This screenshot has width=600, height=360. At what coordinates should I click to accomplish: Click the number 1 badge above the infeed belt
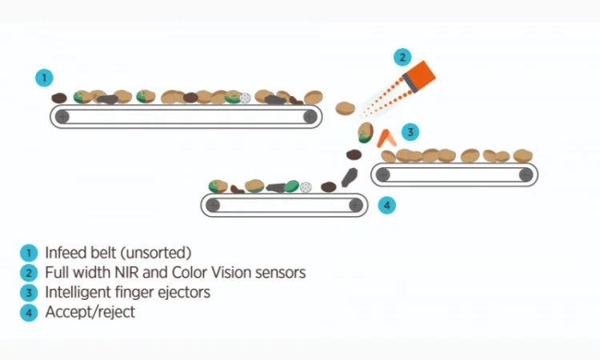pos(45,78)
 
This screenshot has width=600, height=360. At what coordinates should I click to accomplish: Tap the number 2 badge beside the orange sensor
pos(402,57)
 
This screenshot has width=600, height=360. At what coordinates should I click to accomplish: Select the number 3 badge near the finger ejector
pos(409,131)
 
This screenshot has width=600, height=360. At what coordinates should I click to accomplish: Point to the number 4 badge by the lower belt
pos(386,206)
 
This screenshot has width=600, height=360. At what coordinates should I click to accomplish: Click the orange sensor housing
pos(419,78)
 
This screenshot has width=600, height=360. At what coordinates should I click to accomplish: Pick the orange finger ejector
pos(387,138)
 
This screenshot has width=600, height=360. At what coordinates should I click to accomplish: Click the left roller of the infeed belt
pos(62,117)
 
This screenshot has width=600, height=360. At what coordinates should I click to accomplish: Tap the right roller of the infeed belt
pos(310,117)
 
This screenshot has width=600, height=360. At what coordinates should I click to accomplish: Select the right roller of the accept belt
pos(526,174)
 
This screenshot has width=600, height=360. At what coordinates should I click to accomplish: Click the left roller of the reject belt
pos(213,205)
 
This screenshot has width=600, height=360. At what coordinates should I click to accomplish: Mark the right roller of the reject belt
pos(355,205)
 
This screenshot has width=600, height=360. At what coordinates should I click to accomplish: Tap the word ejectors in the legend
pos(184,292)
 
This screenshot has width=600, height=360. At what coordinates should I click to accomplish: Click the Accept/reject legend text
pos(90,312)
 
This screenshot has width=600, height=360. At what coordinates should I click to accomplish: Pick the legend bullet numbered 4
pos(29,313)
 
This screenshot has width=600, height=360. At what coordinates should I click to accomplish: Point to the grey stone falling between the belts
pos(349,177)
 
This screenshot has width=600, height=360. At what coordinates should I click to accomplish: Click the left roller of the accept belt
pos(383,174)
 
